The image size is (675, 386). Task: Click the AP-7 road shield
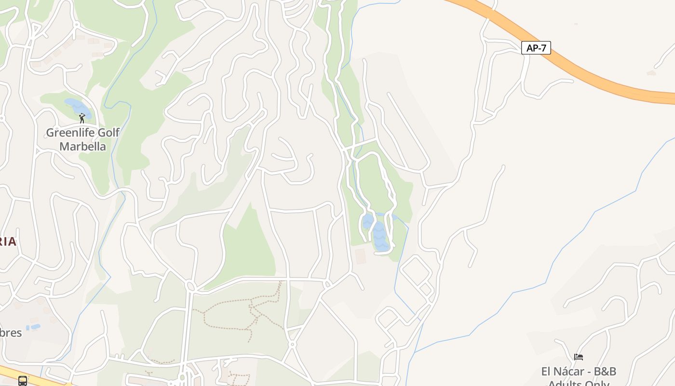(x=536, y=48)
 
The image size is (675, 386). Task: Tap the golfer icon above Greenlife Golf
(x=82, y=118)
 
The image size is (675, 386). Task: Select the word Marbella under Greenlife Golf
(x=82, y=146)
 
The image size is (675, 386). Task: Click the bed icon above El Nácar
(x=579, y=357)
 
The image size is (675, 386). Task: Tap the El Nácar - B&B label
(x=579, y=372)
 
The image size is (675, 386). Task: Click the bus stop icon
(x=23, y=381)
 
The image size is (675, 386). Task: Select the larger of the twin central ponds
(x=380, y=236)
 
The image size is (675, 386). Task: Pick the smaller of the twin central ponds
(x=368, y=221)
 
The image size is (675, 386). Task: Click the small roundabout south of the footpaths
(x=292, y=345)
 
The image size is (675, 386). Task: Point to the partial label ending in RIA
(x=8, y=242)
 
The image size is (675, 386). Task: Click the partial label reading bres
(x=11, y=333)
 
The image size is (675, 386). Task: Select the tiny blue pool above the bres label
(x=33, y=327)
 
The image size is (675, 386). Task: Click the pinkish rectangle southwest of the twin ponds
(x=360, y=256)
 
